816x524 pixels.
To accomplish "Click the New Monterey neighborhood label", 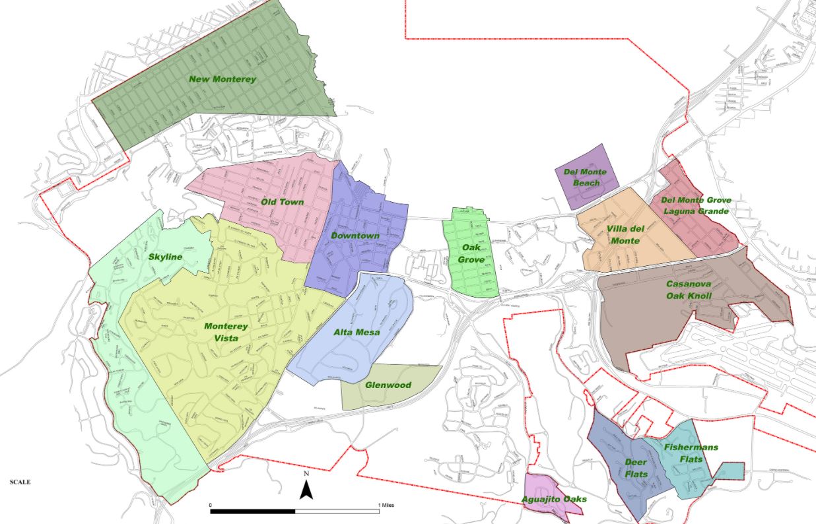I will (222, 79).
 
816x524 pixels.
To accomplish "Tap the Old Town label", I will (282, 201).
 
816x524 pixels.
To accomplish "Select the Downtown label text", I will (355, 236).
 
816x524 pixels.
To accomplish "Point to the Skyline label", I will (165, 257).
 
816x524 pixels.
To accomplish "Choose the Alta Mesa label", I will (356, 332).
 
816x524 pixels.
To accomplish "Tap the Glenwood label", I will (388, 385).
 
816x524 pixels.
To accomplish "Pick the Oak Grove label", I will (471, 254).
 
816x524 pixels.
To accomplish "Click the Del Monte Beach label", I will (585, 178).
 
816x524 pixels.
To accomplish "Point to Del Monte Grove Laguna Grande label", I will (695, 206).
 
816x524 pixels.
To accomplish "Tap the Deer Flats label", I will (636, 468).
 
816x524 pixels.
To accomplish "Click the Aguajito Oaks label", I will (553, 500).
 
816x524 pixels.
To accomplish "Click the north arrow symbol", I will (306, 490).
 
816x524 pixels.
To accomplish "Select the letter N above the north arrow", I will (306, 474).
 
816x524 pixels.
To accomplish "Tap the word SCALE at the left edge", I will (20, 482).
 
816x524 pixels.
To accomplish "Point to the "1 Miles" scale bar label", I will (388, 505).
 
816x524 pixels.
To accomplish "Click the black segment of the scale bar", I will (253, 511).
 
